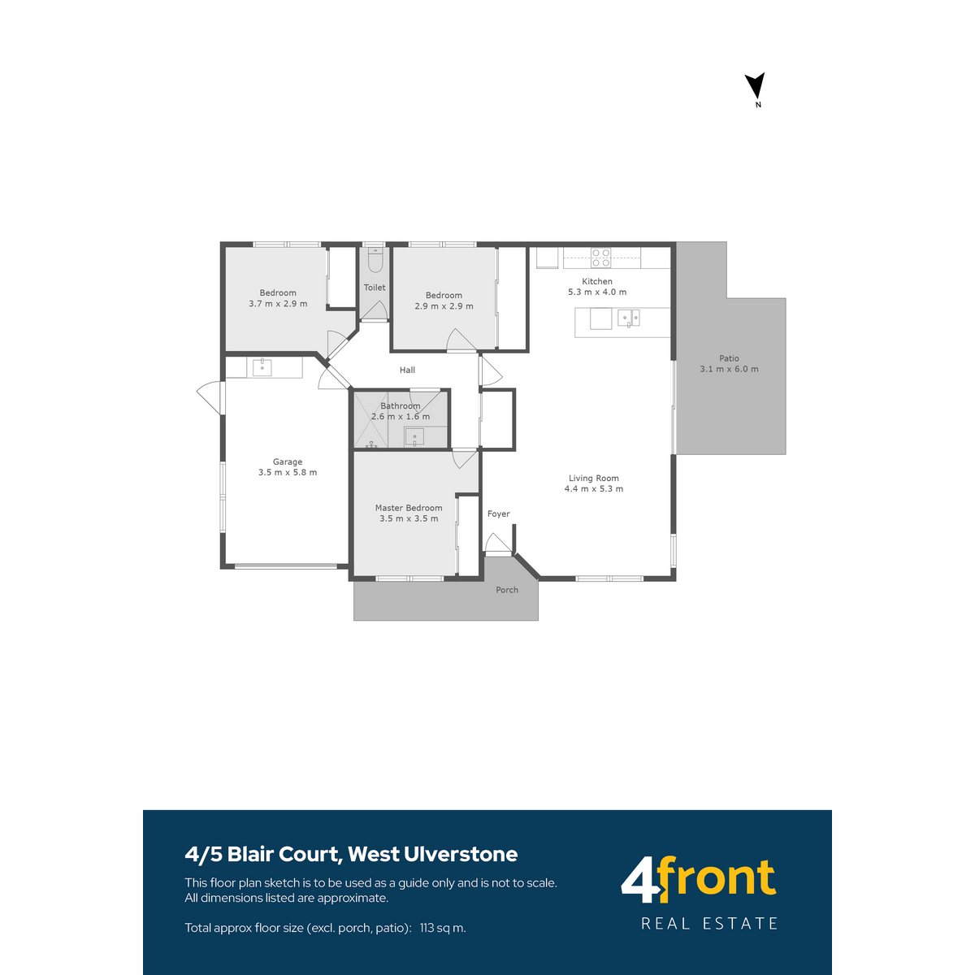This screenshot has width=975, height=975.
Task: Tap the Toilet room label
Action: click(374, 288)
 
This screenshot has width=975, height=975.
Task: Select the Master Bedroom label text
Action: click(409, 508)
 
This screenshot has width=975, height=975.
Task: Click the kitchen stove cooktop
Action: click(601, 258)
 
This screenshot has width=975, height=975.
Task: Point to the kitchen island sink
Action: click(628, 318)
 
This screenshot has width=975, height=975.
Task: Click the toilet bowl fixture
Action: click(375, 259)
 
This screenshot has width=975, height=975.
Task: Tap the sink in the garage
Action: click(262, 367)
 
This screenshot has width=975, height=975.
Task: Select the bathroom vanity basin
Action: click(414, 436)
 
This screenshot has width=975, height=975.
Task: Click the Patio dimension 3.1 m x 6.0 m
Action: click(729, 369)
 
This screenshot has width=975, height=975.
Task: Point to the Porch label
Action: click(506, 589)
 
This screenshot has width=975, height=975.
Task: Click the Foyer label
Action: click(498, 513)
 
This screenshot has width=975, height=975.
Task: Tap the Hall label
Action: click(407, 370)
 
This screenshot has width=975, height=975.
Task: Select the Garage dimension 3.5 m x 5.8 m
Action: click(288, 472)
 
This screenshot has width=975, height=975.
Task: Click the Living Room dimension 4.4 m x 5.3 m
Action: click(593, 488)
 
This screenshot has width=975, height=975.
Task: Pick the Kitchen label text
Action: click(596, 281)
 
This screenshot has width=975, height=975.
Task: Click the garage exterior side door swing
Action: click(210, 397)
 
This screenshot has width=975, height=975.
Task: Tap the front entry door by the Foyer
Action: click(498, 544)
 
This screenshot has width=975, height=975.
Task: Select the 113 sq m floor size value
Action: click(443, 927)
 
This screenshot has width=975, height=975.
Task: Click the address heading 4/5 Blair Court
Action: click(261, 854)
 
